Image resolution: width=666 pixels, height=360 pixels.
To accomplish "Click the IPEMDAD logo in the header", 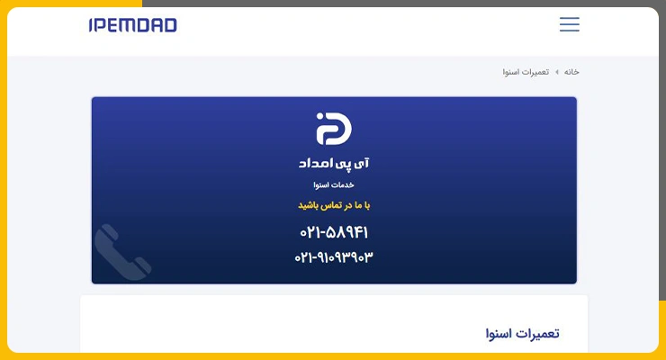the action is [133, 25].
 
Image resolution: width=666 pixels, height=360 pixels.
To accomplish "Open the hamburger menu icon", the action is [569, 24].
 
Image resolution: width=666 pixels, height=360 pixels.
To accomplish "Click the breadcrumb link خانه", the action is [571, 72].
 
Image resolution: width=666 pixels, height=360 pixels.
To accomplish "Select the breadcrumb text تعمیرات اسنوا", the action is [526, 72].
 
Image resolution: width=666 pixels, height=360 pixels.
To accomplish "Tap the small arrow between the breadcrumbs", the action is [557, 72].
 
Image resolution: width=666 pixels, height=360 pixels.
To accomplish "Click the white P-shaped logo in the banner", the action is [334, 129].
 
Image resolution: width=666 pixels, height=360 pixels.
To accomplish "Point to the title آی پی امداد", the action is [334, 164].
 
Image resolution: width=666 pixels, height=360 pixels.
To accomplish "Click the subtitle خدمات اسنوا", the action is [334, 185].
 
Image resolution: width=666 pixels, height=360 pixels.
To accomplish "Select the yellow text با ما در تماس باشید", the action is [334, 205].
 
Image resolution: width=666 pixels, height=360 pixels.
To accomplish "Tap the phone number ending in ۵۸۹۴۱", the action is [334, 232].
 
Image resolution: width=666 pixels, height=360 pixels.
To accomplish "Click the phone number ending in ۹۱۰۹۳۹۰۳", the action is [334, 257].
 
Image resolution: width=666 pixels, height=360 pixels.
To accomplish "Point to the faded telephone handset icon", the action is [122, 252].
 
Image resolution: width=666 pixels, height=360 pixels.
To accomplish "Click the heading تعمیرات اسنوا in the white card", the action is [522, 334].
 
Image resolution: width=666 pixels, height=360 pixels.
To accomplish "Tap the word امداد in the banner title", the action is [315, 164].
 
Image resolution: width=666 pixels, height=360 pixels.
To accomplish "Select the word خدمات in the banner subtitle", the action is [344, 185].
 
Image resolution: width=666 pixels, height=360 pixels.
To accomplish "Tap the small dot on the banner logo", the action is [319, 116].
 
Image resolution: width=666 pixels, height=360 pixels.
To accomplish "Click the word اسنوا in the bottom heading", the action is [499, 334].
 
